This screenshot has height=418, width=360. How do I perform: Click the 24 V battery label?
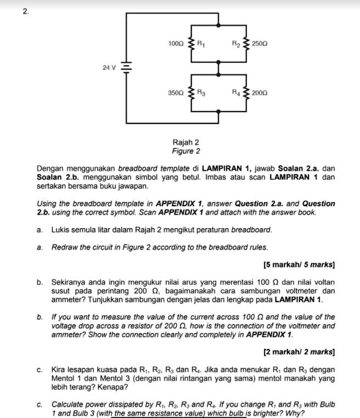[x=110, y=67]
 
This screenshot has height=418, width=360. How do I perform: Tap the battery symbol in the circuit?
[x=126, y=67]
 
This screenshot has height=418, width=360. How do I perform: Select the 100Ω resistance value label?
[x=176, y=43]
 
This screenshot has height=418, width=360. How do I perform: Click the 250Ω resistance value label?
[x=260, y=43]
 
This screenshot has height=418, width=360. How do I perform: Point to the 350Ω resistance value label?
[x=176, y=93]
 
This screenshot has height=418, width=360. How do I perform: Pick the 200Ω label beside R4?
[x=260, y=93]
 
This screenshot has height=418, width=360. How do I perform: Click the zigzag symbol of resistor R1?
[x=192, y=43]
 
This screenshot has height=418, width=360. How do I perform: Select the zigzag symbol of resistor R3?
[x=192, y=93]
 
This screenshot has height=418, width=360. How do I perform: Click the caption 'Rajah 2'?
[x=186, y=142]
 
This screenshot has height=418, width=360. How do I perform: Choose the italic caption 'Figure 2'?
[x=186, y=151]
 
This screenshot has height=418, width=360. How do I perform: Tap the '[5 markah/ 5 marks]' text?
[x=299, y=265]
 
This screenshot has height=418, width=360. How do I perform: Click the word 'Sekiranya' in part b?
[x=69, y=282]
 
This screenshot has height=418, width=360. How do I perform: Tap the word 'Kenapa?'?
[x=116, y=387]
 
